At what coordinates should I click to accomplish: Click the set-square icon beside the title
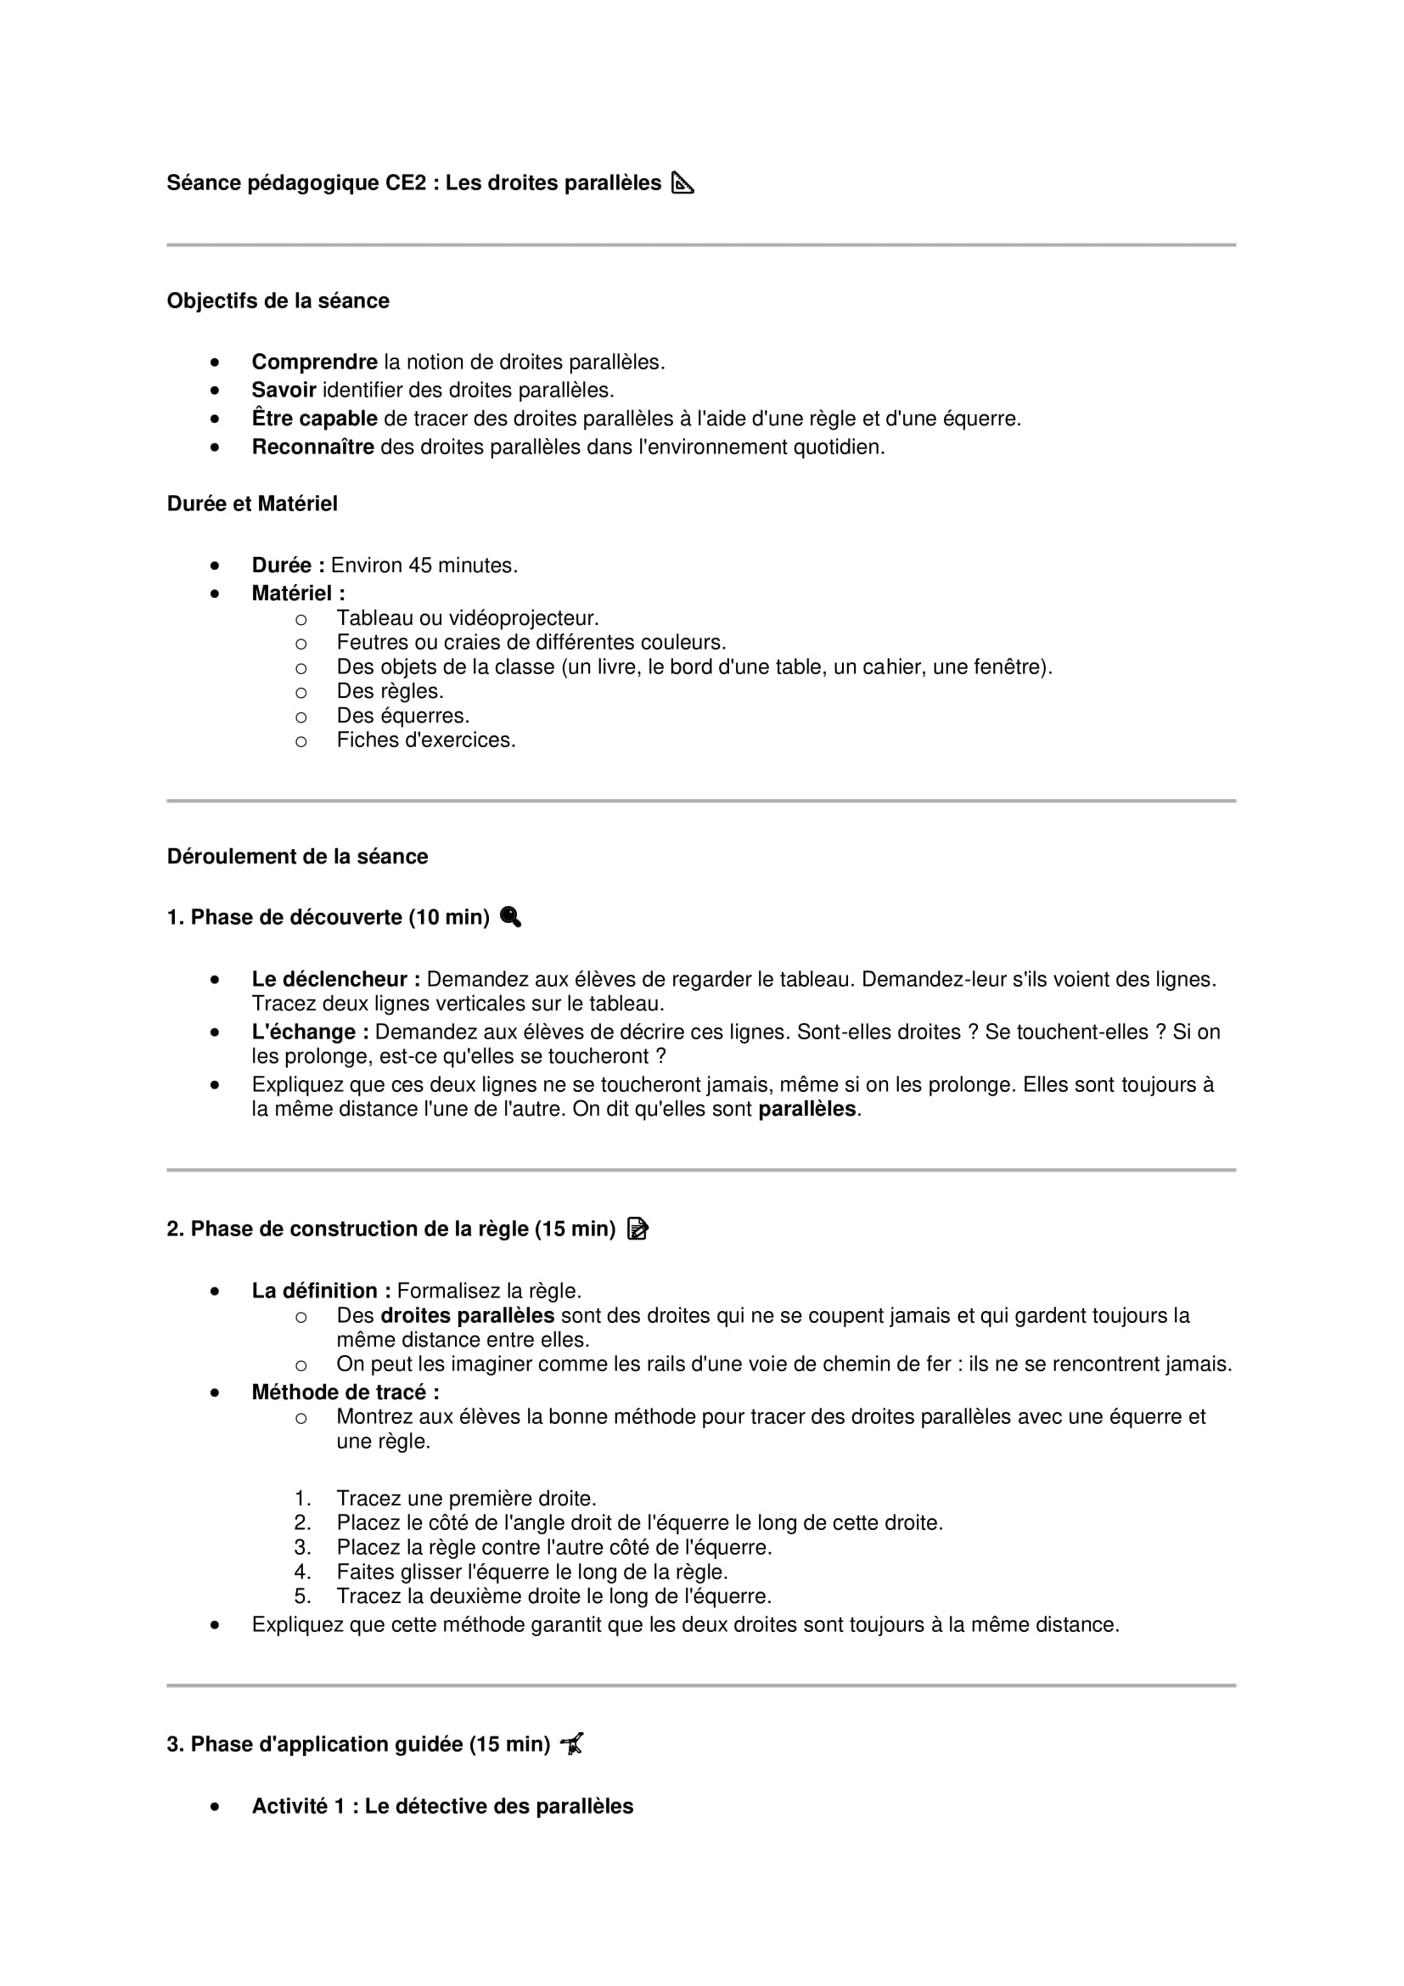683,183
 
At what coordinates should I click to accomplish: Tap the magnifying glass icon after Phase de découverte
511,917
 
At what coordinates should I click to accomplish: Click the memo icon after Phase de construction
637,1229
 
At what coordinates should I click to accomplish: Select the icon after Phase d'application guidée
571,1744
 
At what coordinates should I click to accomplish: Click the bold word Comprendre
314,363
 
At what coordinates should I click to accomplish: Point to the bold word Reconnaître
312,447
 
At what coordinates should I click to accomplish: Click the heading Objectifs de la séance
278,301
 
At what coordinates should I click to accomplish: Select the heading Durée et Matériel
251,504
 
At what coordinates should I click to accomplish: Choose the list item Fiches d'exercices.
425,740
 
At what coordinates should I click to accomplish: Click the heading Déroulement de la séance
297,857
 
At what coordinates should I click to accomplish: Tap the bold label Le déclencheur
335,979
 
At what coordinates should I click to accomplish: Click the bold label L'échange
310,1032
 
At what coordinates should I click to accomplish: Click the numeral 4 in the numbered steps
301,1572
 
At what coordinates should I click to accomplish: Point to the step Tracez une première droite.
466,1498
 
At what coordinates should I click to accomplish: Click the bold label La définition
321,1291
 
